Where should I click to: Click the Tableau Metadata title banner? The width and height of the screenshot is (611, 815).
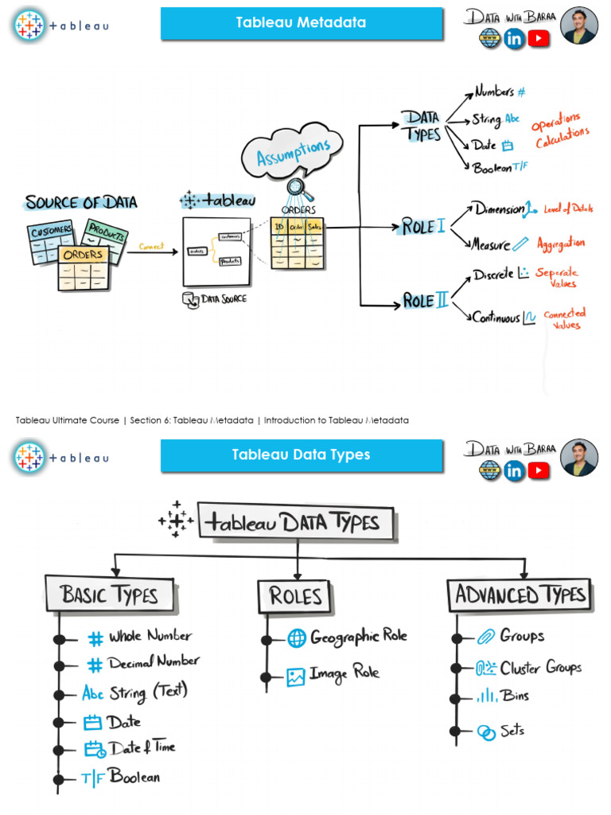click(301, 23)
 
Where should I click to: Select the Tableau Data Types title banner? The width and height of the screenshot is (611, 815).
click(301, 455)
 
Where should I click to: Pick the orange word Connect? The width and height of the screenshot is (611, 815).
click(151, 247)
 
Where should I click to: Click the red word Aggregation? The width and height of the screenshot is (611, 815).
click(560, 243)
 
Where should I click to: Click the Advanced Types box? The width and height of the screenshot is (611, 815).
click(521, 594)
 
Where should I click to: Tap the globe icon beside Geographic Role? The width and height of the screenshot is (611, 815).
click(296, 638)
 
